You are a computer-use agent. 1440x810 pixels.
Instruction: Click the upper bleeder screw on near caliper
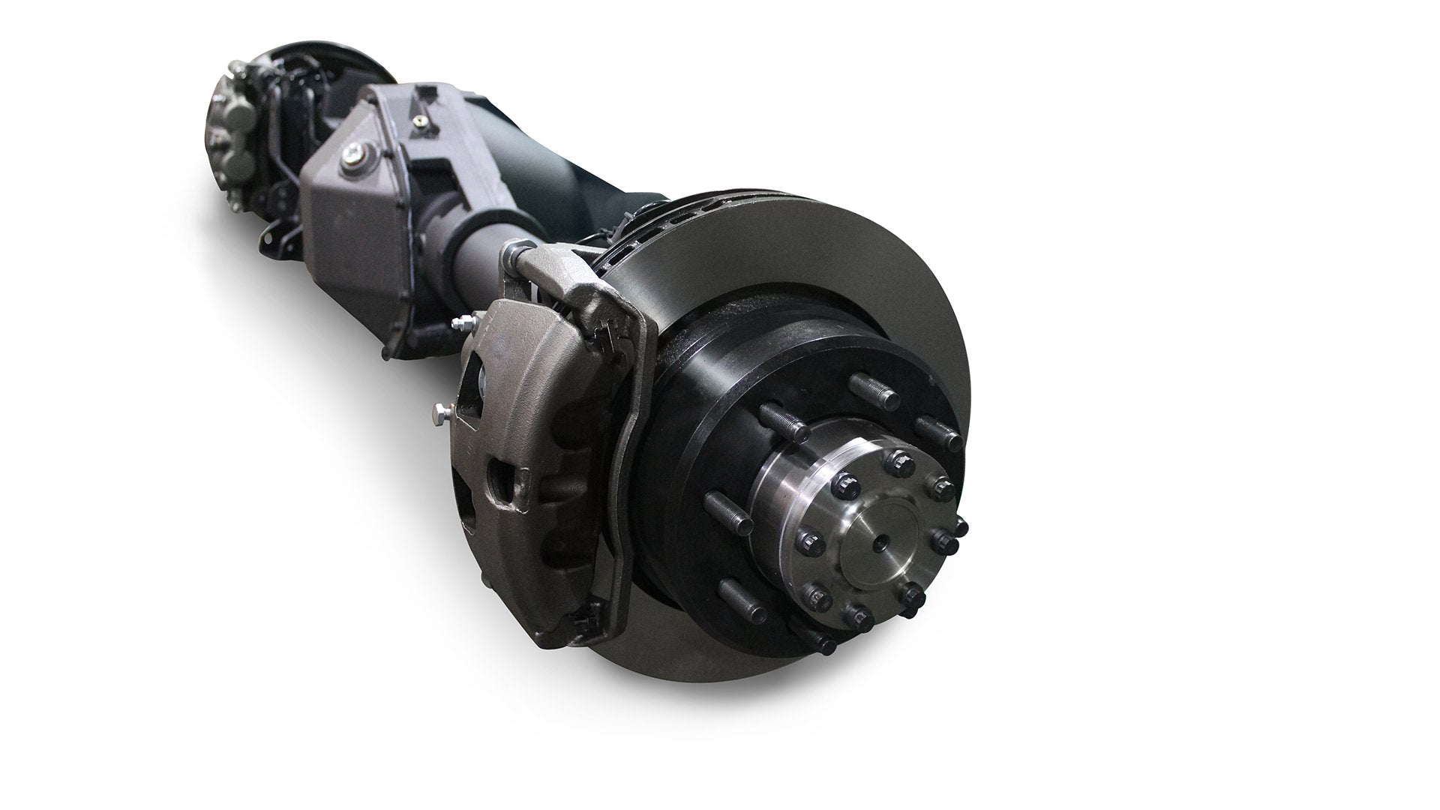(460, 322)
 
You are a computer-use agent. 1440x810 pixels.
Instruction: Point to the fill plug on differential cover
(350, 156)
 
